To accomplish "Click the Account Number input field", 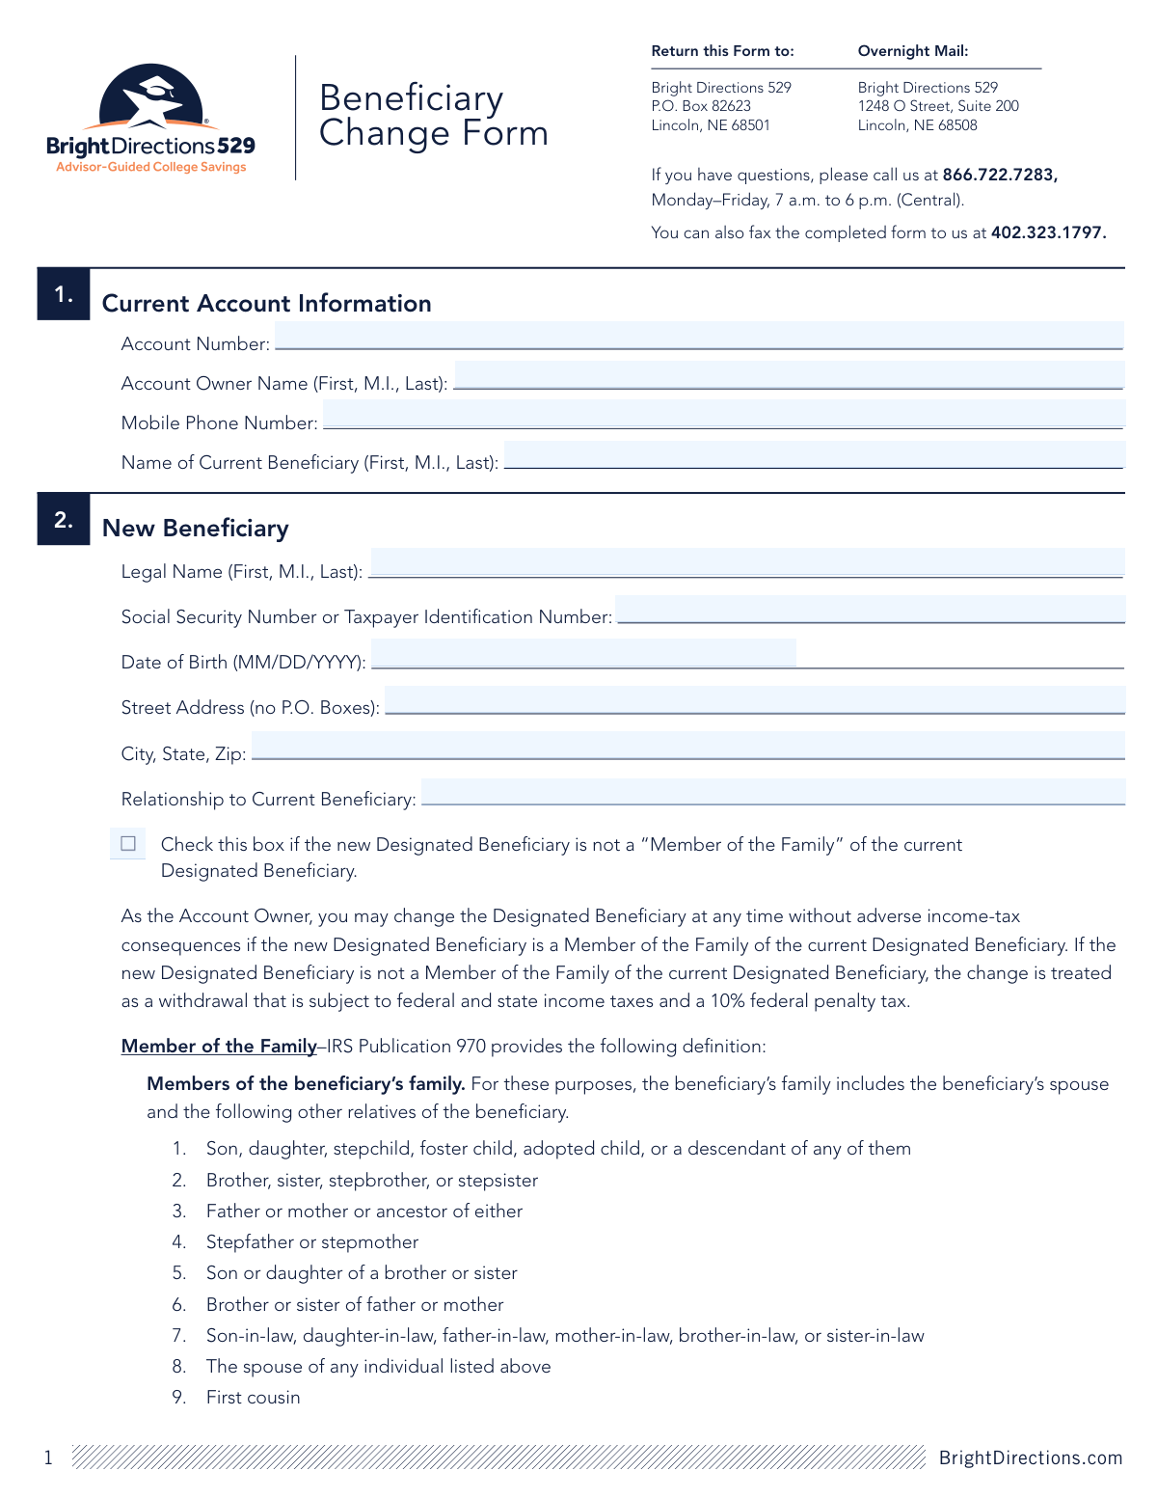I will click(x=699, y=336).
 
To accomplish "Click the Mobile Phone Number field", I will click(x=723, y=415).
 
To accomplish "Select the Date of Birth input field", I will click(x=583, y=654).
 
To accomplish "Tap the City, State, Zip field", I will click(x=687, y=746).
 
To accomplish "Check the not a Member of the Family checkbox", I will click(x=128, y=844).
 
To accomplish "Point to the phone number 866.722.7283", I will click(x=999, y=175).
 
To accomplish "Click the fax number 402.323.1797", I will click(x=1048, y=232).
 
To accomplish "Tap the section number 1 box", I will click(x=64, y=294).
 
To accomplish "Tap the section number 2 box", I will click(x=64, y=520).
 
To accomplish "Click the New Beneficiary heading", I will click(x=196, y=529).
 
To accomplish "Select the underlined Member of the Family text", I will click(x=219, y=1047).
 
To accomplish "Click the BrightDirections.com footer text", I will click(x=1031, y=1457).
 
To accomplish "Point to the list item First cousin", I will click(x=253, y=1398).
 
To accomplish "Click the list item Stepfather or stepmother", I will click(x=312, y=1242).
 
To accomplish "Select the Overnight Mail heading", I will click(x=913, y=51).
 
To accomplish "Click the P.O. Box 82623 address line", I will click(x=701, y=106).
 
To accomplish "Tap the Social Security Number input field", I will click(x=870, y=610).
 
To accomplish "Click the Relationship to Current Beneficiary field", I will click(x=773, y=792).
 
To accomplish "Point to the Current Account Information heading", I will click(x=267, y=304).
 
